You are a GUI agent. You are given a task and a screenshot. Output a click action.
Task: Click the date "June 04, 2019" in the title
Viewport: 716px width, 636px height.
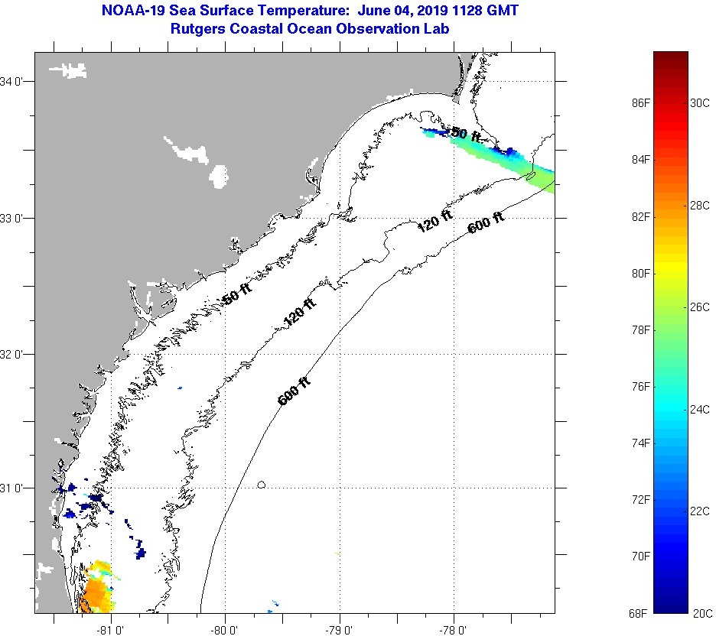click(x=402, y=11)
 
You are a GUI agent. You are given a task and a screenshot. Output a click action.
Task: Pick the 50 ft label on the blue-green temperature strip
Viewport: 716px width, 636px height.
click(x=466, y=135)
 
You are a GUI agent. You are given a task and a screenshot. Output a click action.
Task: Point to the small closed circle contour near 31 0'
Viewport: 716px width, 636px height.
click(x=262, y=484)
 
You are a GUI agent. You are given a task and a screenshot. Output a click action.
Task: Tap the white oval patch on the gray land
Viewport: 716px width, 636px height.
click(x=219, y=177)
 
